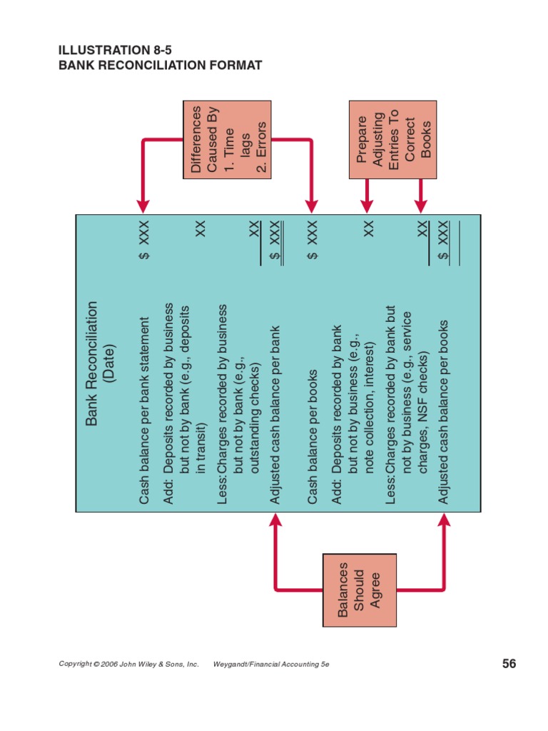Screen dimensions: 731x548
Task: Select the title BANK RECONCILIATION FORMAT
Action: click(x=160, y=66)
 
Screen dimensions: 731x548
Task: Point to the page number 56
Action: click(x=509, y=664)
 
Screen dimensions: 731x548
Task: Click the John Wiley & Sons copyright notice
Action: click(x=128, y=664)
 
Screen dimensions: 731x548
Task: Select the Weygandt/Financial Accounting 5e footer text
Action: click(x=271, y=664)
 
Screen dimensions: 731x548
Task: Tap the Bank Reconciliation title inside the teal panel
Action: click(x=91, y=363)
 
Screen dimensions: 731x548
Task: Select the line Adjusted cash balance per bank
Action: click(x=275, y=415)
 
